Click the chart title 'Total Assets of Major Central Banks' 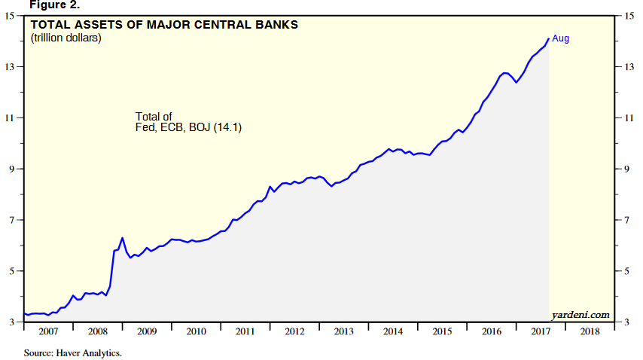coord(164,24)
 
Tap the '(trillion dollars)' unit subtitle coord(66,38)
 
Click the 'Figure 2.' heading coord(32,5)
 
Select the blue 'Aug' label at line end coord(561,38)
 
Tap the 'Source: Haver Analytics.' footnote coord(73,352)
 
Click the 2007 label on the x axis coord(49,332)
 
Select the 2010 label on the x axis coord(196,332)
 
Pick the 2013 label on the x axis coord(343,332)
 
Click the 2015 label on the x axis coord(441,332)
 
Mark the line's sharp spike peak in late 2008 coord(122,238)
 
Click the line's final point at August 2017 coord(548,39)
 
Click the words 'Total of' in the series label coord(154,117)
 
